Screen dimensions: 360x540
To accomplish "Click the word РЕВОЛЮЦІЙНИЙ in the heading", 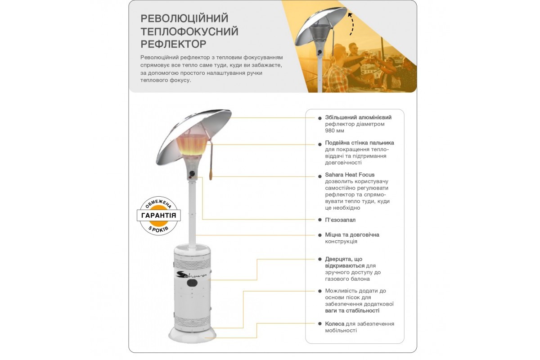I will tap(184, 18).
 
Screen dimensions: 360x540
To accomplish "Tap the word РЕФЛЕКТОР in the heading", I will tap(174, 44).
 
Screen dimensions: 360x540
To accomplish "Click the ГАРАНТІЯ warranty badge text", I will tap(159, 216).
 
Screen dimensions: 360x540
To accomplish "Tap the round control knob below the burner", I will tap(193, 174).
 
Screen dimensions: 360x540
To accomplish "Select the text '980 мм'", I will tap(334, 131).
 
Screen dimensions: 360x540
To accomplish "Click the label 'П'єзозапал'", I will tap(340, 220).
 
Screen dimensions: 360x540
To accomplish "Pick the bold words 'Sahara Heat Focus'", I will tap(350, 175).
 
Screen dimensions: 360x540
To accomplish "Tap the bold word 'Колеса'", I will tap(334, 324).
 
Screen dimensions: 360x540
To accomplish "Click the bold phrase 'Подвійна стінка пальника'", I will tap(359, 143).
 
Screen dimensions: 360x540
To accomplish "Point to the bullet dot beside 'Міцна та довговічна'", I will tap(320, 235).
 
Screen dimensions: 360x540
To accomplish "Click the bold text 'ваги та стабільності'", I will tap(352, 310).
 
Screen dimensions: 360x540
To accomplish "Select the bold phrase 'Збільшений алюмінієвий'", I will tap(358, 117).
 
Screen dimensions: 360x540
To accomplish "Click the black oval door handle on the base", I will tap(193, 284).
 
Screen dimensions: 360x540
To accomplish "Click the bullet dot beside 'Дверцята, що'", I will tap(320, 259).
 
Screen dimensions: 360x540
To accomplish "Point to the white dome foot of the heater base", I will tap(193, 333).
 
